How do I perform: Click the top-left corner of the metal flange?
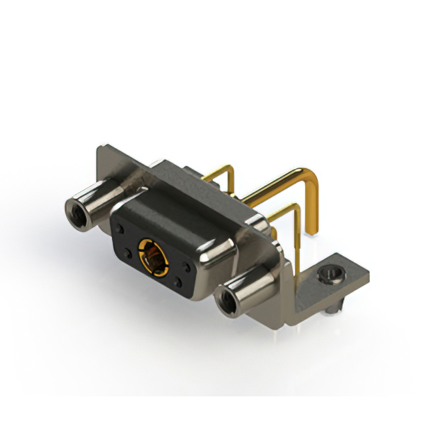pyautogui.click(x=100, y=148)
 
